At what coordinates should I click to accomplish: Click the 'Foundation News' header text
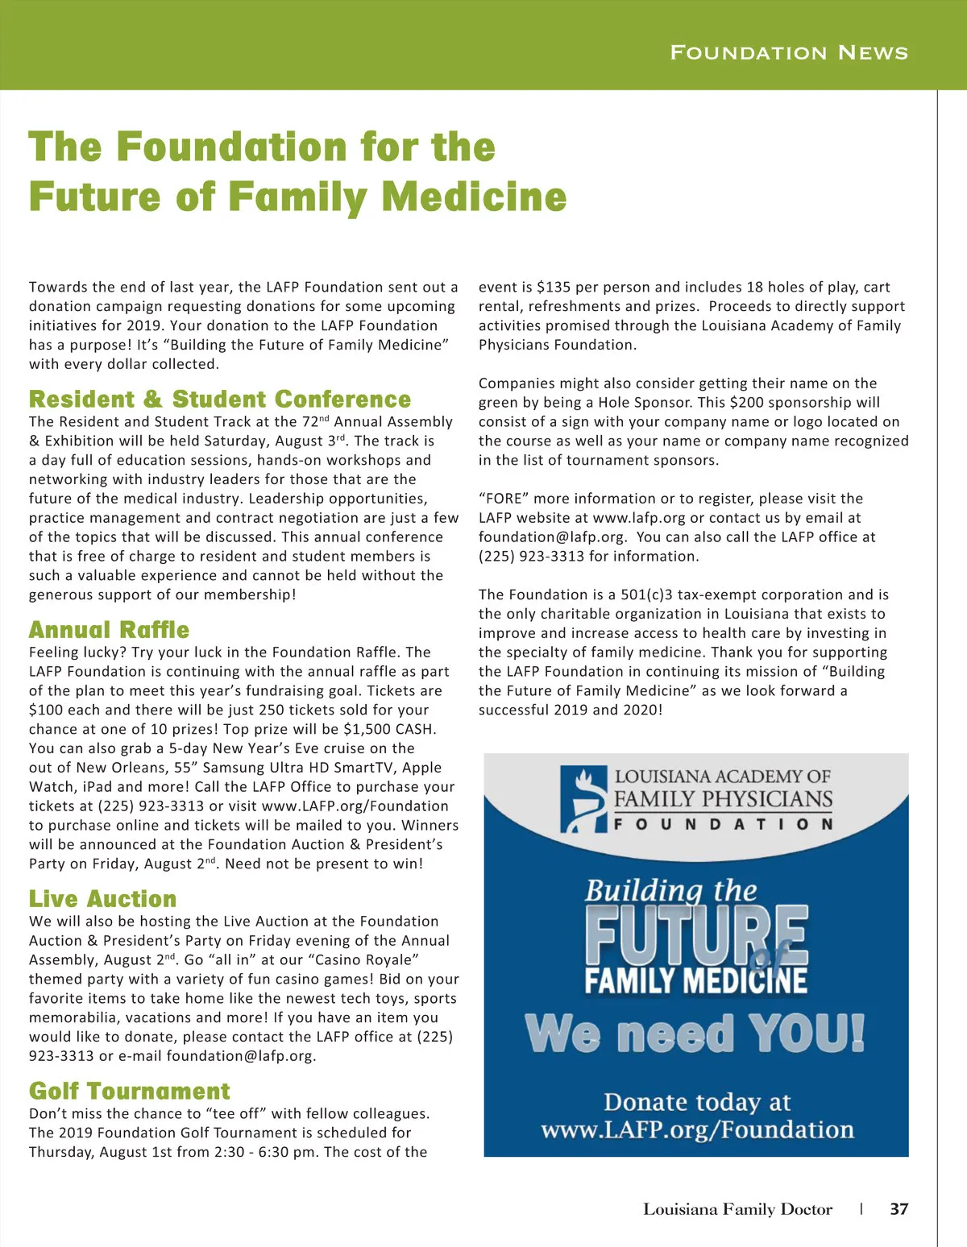click(x=789, y=53)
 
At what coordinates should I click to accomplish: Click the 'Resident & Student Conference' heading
click(x=220, y=400)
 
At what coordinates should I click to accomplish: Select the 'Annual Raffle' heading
click(x=110, y=630)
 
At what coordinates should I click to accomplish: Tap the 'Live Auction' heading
click(x=103, y=899)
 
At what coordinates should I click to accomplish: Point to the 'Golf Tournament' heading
click(x=130, y=1092)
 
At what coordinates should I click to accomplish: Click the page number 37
click(x=899, y=1209)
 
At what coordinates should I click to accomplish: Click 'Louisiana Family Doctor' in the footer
click(x=737, y=1209)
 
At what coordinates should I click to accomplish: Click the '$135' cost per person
click(x=554, y=287)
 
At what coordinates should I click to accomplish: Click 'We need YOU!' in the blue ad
click(x=695, y=1034)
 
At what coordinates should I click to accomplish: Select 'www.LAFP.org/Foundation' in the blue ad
click(x=697, y=1129)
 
